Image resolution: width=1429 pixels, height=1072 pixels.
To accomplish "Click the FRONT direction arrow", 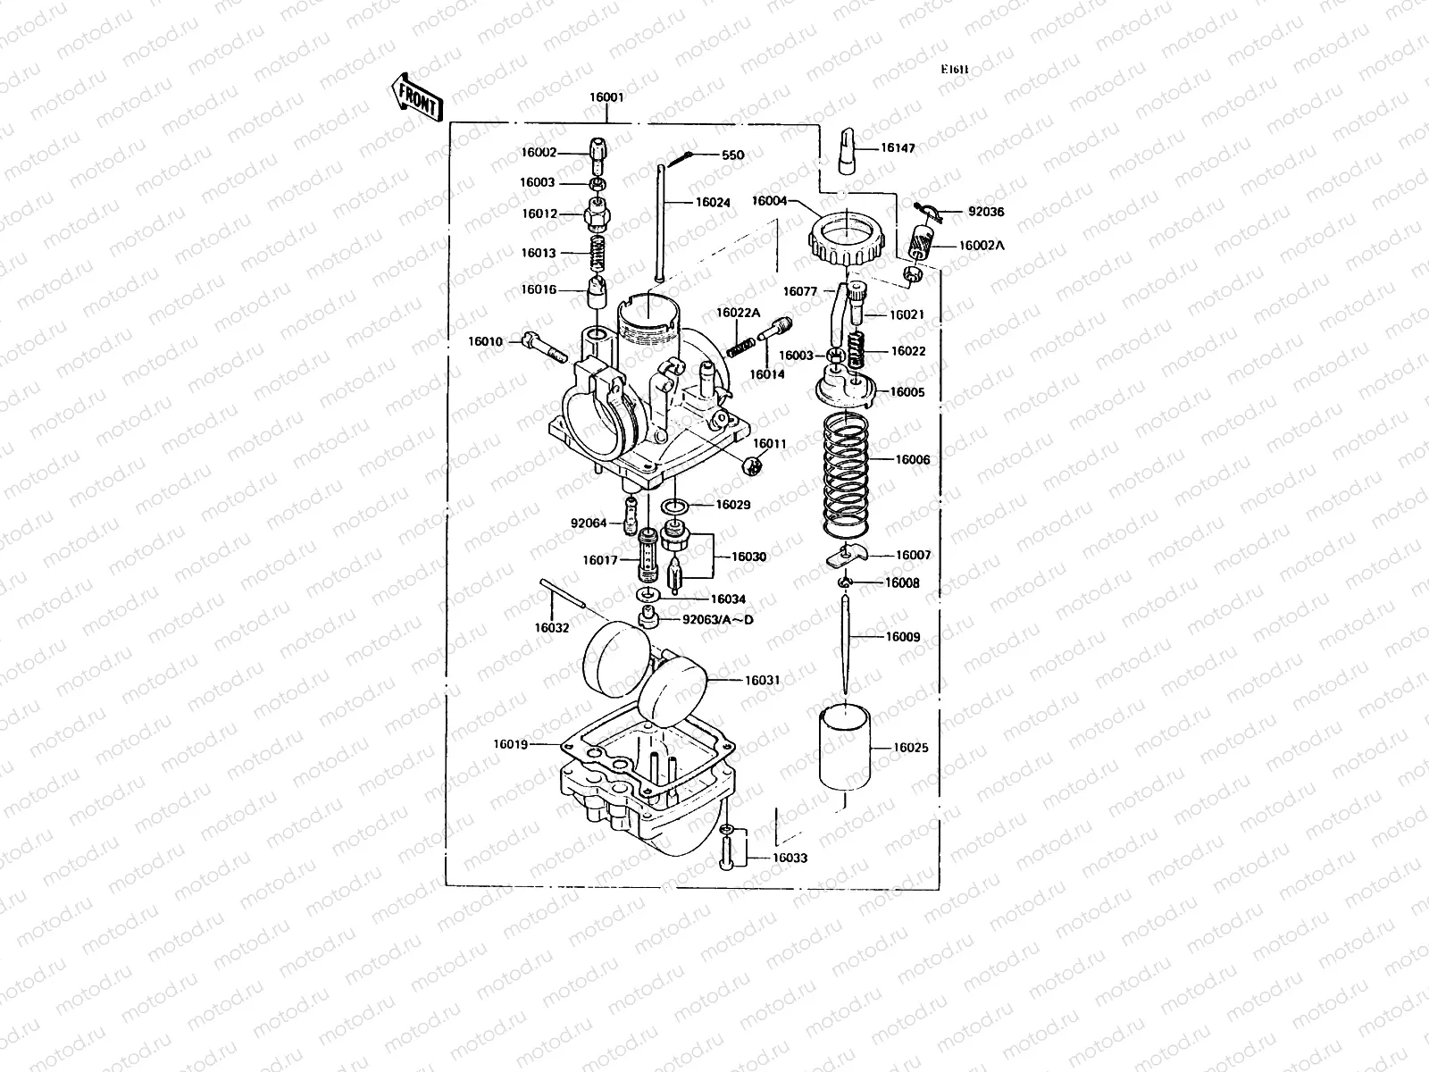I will [416, 96].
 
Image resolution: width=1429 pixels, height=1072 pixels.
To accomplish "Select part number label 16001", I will [606, 98].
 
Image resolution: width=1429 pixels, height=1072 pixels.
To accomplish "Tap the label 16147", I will [898, 148].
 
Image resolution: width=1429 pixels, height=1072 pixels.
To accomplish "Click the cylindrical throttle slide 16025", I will [845, 749].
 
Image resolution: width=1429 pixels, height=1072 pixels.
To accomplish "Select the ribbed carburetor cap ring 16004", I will [845, 235].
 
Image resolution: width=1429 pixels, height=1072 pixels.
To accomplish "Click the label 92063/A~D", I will [712, 619].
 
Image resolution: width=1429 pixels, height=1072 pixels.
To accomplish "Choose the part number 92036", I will [986, 213].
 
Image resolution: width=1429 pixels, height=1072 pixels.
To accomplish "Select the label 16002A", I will [982, 245].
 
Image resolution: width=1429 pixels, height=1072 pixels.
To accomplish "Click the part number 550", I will [732, 155].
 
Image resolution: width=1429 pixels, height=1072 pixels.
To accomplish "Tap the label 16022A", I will [738, 313].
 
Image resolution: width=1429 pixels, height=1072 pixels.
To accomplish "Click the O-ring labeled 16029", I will [676, 507].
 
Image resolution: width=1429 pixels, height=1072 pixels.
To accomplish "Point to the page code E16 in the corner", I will [954, 70].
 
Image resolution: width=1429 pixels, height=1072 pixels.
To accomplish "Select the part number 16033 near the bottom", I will [790, 858].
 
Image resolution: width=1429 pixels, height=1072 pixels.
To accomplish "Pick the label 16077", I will [800, 291].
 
